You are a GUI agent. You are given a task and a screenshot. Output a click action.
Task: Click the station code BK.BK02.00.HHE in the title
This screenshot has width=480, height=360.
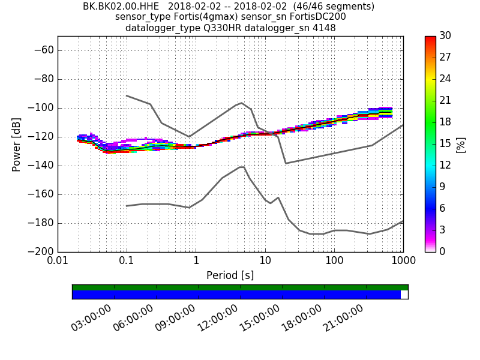pos(121,7)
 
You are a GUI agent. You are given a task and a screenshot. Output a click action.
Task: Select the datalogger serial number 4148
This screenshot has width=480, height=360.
pos(323,28)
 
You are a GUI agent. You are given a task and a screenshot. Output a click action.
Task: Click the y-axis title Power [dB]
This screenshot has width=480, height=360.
pos(17,144)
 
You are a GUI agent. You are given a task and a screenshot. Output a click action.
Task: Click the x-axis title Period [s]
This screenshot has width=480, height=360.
pos(230,275)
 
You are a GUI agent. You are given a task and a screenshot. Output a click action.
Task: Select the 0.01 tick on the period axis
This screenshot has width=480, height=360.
pos(58,262)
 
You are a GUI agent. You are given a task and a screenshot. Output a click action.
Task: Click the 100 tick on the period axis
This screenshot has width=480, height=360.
pos(334,262)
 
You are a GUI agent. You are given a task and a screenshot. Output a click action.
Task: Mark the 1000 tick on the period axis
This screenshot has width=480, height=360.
pos(403,262)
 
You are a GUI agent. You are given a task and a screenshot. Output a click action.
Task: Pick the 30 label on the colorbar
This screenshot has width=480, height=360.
pos(445,36)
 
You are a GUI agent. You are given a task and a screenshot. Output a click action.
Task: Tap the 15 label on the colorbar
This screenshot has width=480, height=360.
pos(445,144)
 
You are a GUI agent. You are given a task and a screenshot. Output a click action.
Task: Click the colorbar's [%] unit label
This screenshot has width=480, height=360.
pos(461,144)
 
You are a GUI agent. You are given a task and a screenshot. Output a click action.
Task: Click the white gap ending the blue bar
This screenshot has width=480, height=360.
pos(404,295)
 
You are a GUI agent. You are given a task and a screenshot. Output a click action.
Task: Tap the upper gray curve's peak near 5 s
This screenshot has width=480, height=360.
pos(241,103)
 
